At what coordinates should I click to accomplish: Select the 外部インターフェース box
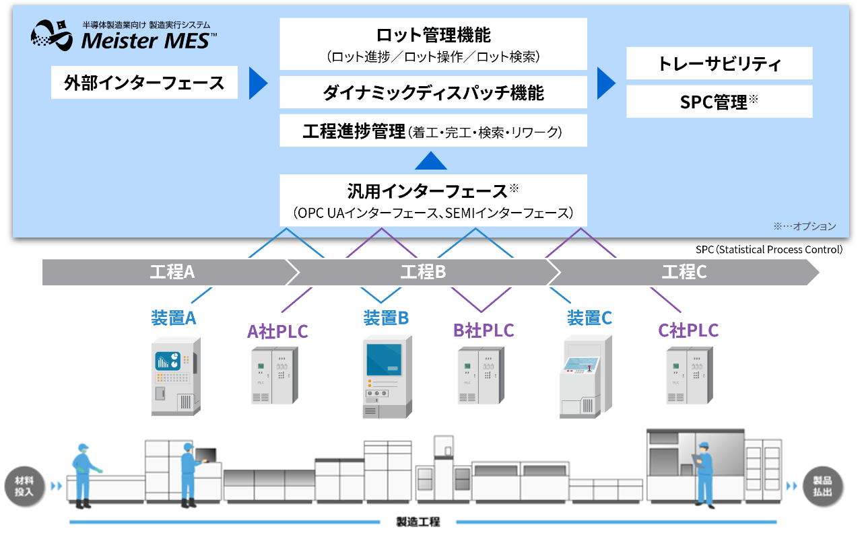coord(144,83)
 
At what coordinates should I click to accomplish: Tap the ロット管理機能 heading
coord(433,35)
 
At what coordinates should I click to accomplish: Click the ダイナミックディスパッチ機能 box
coord(433,92)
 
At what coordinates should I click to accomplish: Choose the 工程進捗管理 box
coord(433,131)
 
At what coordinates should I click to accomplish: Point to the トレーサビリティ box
coord(719,64)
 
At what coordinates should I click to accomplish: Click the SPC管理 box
coord(719,102)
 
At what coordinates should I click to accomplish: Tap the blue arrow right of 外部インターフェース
coord(258,83)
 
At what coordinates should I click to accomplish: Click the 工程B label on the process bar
coord(423,273)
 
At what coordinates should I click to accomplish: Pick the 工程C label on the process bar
coord(684,273)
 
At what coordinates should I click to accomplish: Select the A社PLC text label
coord(277,331)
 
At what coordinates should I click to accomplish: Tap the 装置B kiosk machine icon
coord(385,376)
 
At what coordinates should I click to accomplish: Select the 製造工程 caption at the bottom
coord(418,522)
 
